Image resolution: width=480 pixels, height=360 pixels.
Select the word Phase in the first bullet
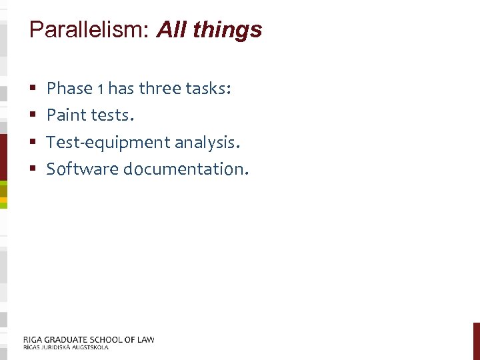click(x=69, y=88)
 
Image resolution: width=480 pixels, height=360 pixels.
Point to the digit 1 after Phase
click(x=100, y=89)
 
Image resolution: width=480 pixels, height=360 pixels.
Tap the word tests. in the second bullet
click(x=112, y=115)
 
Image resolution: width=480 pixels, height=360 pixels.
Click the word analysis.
click(x=207, y=143)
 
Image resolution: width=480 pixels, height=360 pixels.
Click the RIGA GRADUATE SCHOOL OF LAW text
click(x=89, y=339)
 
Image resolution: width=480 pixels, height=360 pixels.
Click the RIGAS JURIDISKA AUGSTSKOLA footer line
click(x=65, y=347)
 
